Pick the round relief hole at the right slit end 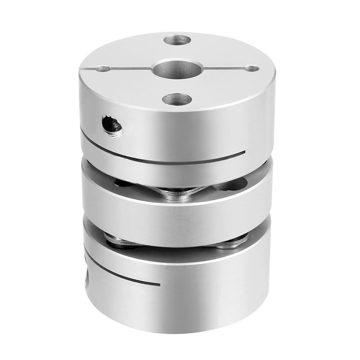[x=252, y=68]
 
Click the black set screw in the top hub [x=112, y=126]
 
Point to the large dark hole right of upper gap [x=230, y=185]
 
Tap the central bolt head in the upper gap [x=180, y=193]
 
